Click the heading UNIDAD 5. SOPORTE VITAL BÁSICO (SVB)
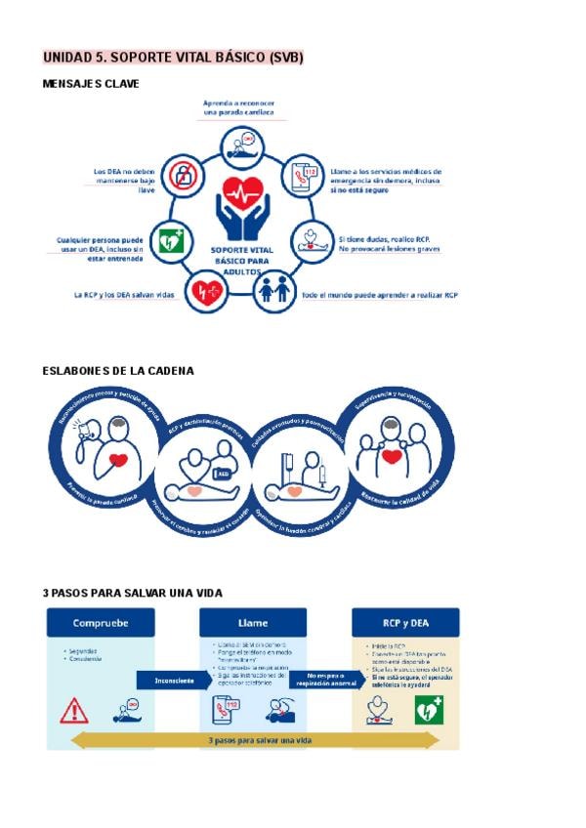(173, 58)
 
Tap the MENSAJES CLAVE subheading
(91, 84)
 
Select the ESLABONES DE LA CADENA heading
(118, 371)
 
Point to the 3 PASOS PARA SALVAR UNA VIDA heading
(133, 593)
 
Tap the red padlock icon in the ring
(182, 175)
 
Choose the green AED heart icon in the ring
(172, 240)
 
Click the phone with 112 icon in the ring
(302, 176)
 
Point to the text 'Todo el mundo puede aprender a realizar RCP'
(379, 294)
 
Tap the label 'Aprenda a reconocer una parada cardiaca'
(239, 107)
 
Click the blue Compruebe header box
(100, 622)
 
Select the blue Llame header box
(253, 622)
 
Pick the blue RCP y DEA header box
(405, 622)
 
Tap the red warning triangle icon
(73, 710)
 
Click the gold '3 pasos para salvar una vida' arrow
(253, 740)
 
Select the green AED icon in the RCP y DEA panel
(430, 710)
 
